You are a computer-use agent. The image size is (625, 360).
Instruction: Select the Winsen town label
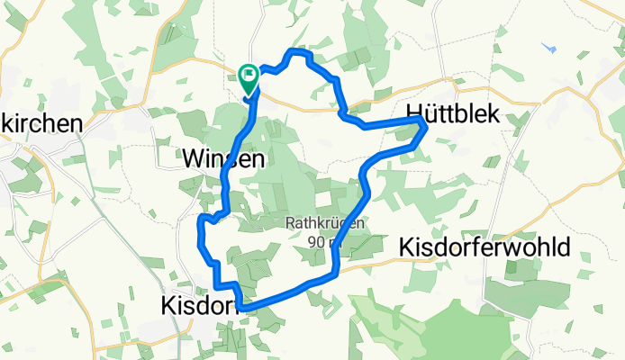coord(224,159)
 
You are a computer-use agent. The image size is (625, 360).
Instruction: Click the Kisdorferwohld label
coord(484,247)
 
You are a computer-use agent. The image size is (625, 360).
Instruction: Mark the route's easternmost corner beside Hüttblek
coord(425,130)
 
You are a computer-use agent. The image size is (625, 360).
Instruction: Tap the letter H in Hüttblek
coord(416,109)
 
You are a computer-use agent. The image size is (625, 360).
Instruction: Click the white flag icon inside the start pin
coord(248,74)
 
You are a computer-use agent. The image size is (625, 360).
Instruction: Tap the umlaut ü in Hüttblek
coord(430,109)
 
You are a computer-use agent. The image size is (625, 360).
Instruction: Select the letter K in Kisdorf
coord(167,306)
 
